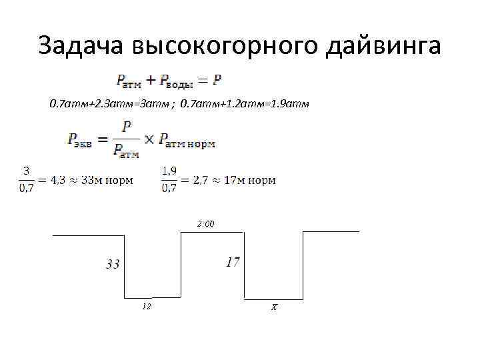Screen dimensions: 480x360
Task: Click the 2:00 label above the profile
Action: [205, 224]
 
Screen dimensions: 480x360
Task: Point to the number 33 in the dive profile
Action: [113, 264]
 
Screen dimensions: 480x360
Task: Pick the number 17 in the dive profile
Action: [232, 262]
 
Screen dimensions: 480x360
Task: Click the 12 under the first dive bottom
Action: [147, 306]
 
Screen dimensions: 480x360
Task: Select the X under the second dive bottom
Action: [273, 307]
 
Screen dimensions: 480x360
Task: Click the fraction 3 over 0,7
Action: [26, 179]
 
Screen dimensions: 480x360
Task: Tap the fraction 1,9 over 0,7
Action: [169, 179]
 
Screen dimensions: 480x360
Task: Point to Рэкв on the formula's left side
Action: [80, 139]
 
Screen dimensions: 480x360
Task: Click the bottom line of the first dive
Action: [152, 297]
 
